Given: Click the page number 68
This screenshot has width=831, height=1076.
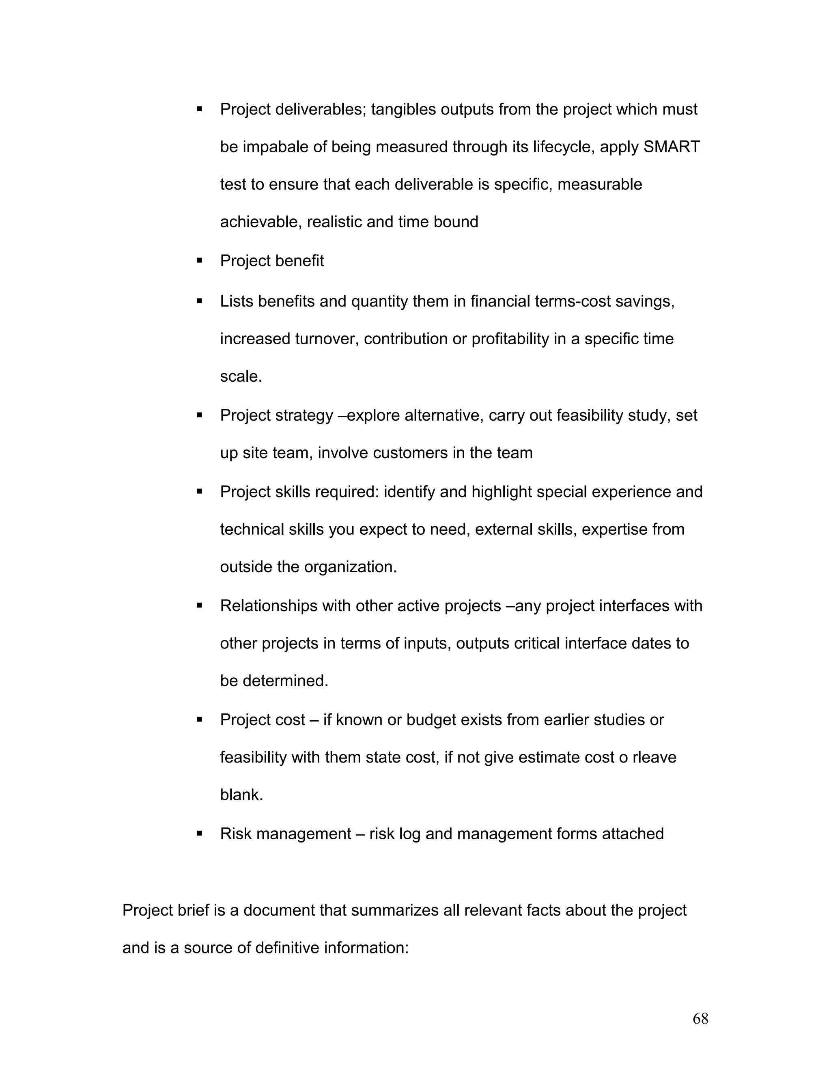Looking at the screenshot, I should [700, 1019].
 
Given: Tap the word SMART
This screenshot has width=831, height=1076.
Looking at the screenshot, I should [672, 147].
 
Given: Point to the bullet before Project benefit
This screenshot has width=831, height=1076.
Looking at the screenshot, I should [199, 261].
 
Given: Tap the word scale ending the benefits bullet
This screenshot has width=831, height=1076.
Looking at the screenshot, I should [241, 376].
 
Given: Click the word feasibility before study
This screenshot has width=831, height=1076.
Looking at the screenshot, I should [590, 415].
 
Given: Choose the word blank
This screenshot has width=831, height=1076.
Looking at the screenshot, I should [241, 795].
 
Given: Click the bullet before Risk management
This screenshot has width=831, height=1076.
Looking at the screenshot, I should [199, 834].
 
